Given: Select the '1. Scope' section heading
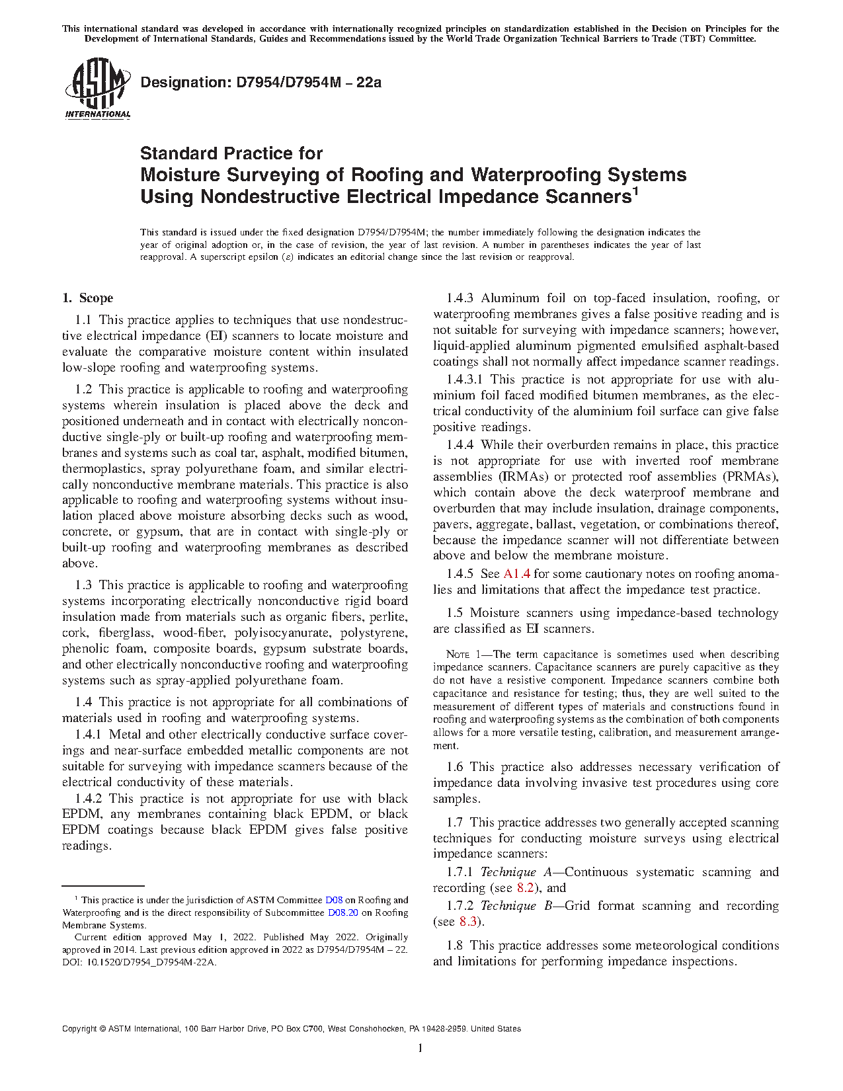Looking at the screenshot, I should click(x=88, y=298).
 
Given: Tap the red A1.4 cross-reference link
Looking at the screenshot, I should click(x=516, y=574).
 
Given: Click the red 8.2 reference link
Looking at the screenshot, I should click(x=525, y=888).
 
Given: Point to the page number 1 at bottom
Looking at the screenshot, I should click(x=420, y=1048).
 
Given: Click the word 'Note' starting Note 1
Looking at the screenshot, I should click(x=458, y=655).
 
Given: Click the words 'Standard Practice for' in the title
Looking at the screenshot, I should click(x=231, y=154).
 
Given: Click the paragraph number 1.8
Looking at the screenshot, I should click(x=454, y=946).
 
